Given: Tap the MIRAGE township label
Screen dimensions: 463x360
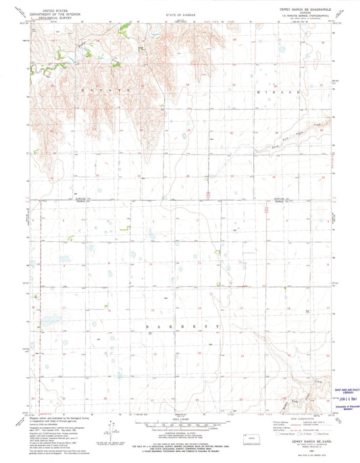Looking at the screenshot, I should (278, 91).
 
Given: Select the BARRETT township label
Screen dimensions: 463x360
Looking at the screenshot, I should (182, 326).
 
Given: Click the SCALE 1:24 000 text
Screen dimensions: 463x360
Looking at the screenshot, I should (180, 421).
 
